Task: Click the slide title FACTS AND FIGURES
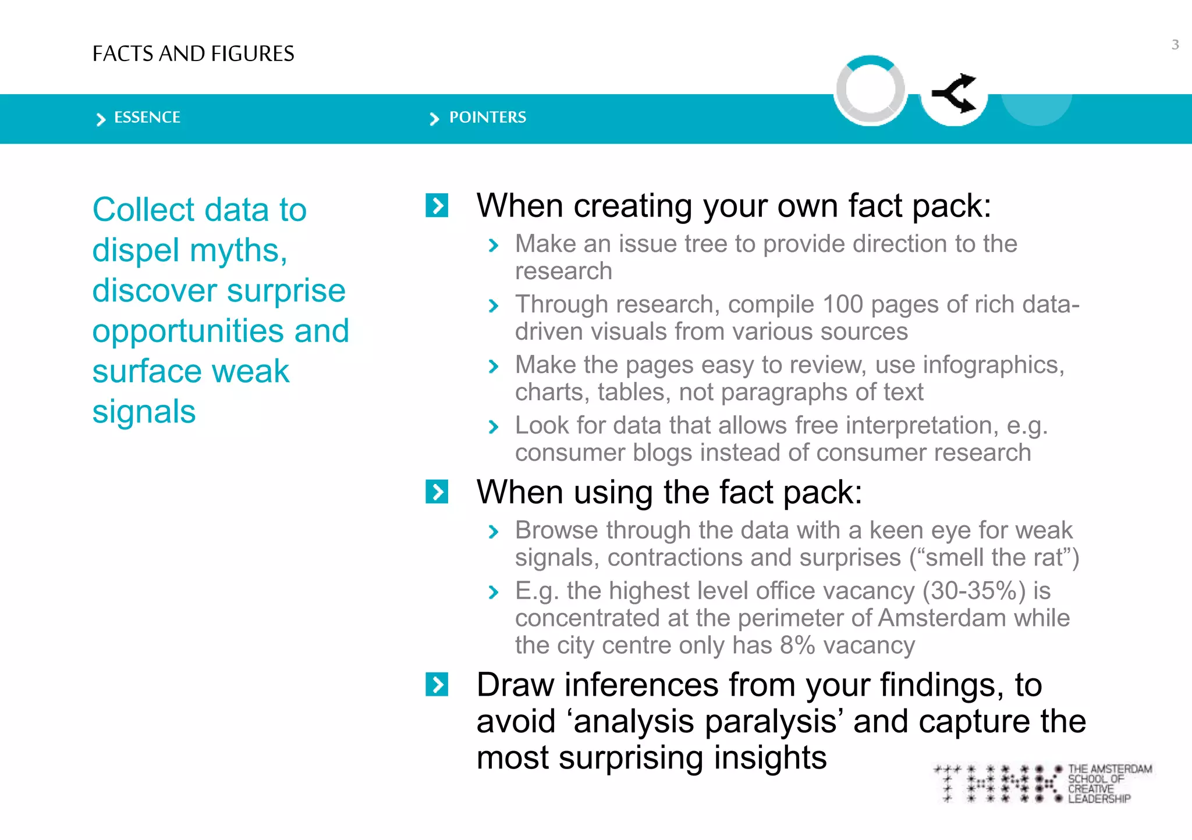click(193, 54)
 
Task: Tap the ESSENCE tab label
click(147, 118)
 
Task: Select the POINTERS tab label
click(487, 118)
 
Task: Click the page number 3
click(1175, 45)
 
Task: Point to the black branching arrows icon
click(955, 93)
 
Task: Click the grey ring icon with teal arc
click(870, 90)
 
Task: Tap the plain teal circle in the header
click(1037, 105)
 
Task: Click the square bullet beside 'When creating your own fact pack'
click(437, 205)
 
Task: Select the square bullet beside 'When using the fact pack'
click(437, 492)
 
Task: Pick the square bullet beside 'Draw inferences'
click(437, 684)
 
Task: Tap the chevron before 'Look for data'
click(494, 427)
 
